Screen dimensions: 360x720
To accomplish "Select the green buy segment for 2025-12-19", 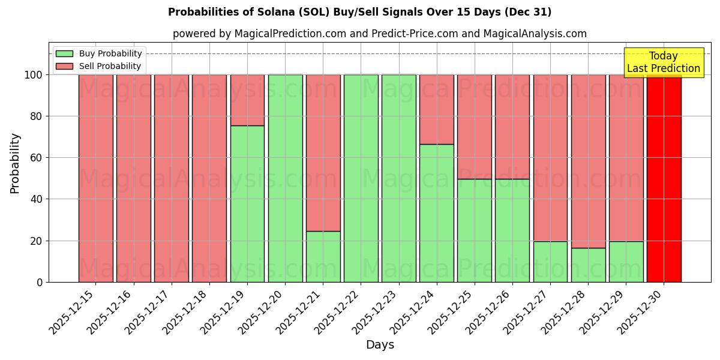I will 247,204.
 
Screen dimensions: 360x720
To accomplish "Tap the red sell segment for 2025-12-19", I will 247,100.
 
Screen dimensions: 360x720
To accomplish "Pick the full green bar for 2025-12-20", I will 285,178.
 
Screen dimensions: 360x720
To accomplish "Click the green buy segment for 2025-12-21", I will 323,257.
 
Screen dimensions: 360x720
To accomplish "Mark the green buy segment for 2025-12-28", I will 588,265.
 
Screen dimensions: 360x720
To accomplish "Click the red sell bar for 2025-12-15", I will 95,178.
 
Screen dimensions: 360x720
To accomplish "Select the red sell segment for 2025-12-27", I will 550,158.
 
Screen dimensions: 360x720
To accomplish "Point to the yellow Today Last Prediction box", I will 664,62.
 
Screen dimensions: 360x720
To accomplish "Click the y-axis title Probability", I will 15,163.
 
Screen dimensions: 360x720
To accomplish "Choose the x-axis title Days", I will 380,344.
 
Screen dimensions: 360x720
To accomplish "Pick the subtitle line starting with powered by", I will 380,34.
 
